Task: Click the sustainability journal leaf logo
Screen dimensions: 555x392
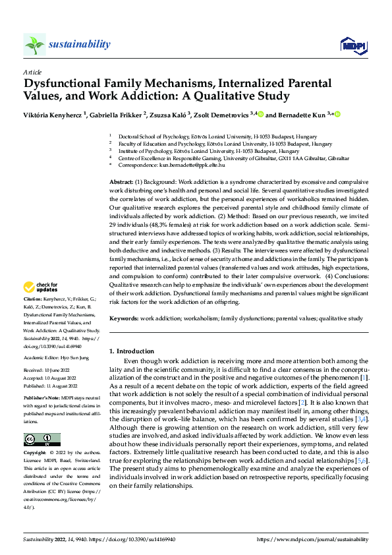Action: pyautogui.click(x=35, y=45)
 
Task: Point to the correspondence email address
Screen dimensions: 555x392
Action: pyautogui.click(x=203, y=165)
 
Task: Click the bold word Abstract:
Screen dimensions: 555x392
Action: pyautogui.click(x=121, y=181)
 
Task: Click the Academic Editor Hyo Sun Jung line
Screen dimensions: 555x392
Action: pyautogui.click(x=61, y=358)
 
